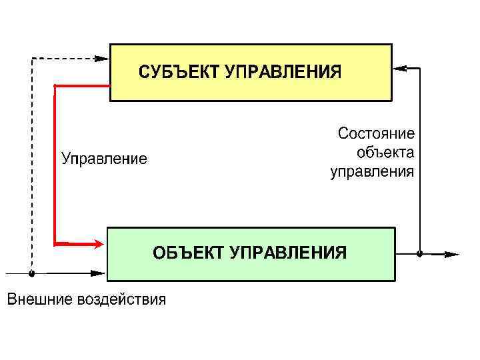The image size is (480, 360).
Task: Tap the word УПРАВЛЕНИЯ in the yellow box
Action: [x=283, y=72]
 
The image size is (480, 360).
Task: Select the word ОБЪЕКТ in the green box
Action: [x=189, y=253]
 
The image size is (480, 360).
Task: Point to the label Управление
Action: [x=105, y=159]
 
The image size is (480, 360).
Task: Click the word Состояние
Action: [x=376, y=133]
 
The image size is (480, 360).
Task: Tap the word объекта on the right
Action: [x=385, y=153]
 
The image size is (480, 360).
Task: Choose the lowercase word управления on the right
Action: [x=373, y=172]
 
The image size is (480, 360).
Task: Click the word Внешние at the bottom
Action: [x=39, y=299]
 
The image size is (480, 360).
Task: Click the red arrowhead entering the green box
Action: [x=98, y=244]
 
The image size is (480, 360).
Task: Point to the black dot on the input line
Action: [x=31, y=273]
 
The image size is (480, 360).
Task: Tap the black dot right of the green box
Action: [x=419, y=253]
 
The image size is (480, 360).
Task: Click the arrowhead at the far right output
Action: [x=453, y=254]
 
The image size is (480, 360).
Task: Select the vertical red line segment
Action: [x=55, y=163]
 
